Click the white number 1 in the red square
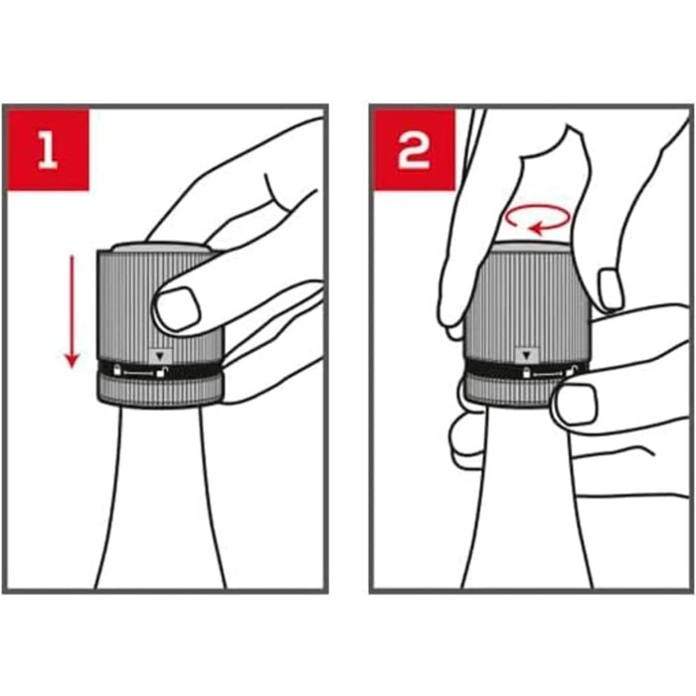pyautogui.click(x=48, y=151)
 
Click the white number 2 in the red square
pyautogui.click(x=414, y=151)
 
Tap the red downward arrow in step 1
pyautogui.click(x=72, y=311)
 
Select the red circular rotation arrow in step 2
pyautogui.click(x=538, y=219)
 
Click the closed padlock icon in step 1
pyautogui.click(x=117, y=369)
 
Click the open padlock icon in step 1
pyautogui.click(x=161, y=372)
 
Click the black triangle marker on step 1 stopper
pyautogui.click(x=161, y=356)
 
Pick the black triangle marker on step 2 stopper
pyautogui.click(x=527, y=356)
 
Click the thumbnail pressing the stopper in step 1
pyautogui.click(x=177, y=308)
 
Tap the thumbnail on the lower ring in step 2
pyautogui.click(x=578, y=403)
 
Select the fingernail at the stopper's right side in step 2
pyautogui.click(x=610, y=288)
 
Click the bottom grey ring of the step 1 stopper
pyautogui.click(x=160, y=392)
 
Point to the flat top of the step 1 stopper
pyautogui.click(x=161, y=247)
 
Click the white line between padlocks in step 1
pyautogui.click(x=139, y=373)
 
